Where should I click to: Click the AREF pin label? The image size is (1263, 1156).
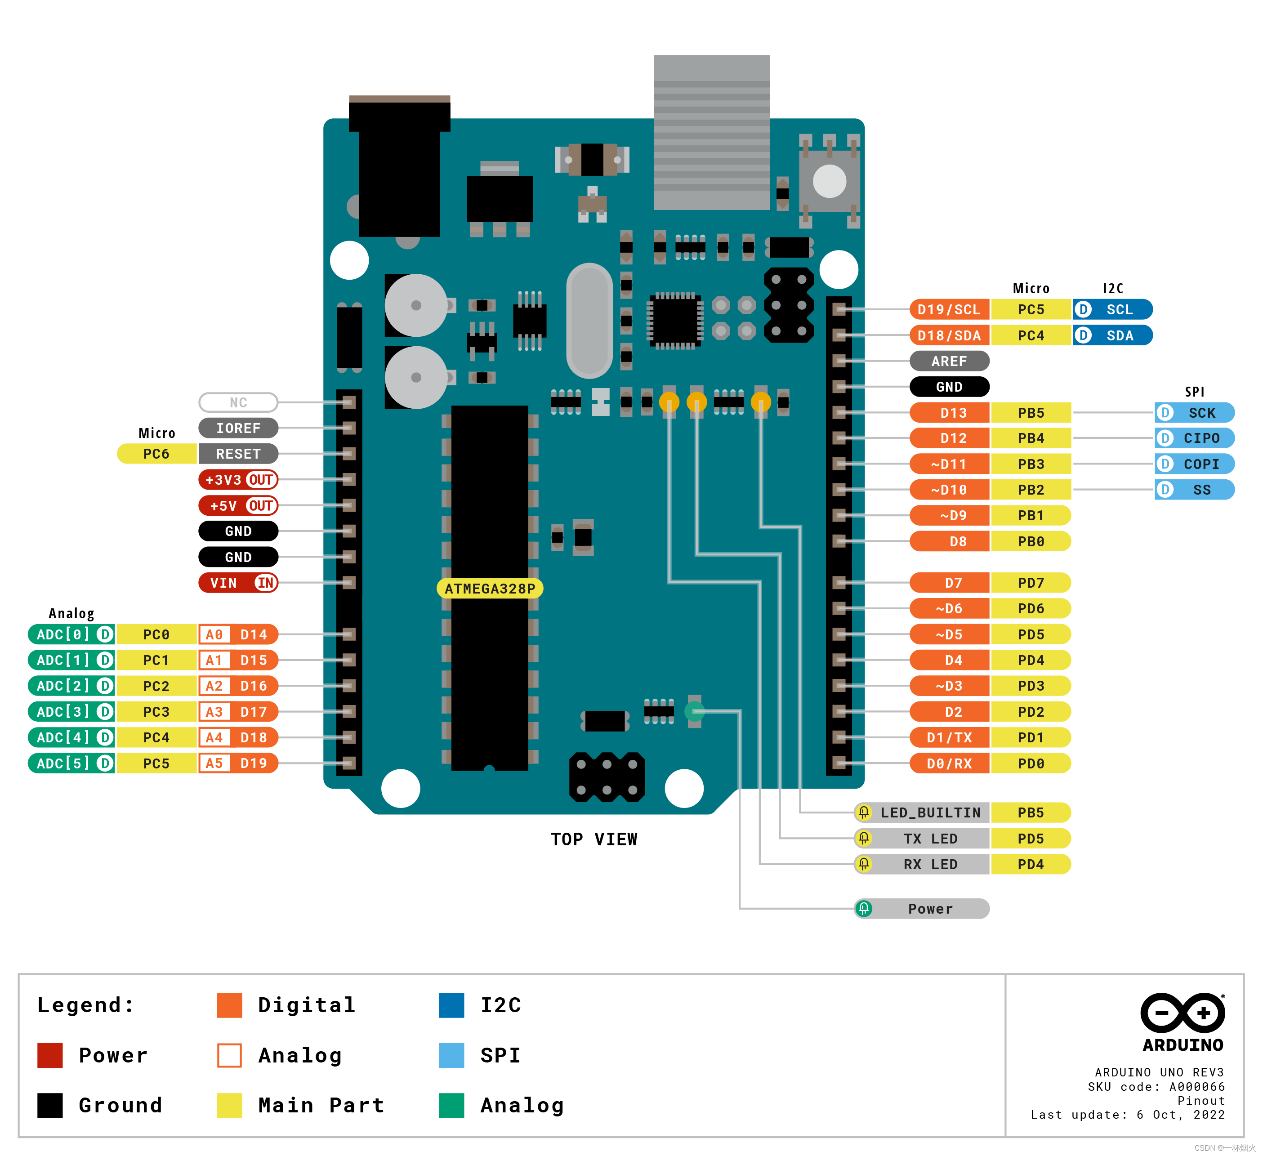[949, 361]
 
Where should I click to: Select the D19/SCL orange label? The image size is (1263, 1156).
[949, 309]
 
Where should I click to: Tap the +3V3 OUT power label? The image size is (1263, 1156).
[238, 479]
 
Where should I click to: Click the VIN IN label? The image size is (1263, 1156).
[238, 583]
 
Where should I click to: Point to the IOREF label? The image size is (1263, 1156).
[238, 428]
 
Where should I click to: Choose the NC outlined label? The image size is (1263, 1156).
[238, 402]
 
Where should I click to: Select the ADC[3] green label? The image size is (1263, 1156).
[71, 712]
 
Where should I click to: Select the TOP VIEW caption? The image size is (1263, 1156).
[594, 839]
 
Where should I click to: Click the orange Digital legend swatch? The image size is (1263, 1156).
[229, 1005]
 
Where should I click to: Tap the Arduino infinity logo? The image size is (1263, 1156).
[1182, 1013]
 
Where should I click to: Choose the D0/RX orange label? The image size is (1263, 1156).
[949, 763]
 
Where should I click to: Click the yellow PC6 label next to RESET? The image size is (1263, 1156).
[156, 454]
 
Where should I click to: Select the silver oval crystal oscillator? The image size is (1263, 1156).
[589, 320]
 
